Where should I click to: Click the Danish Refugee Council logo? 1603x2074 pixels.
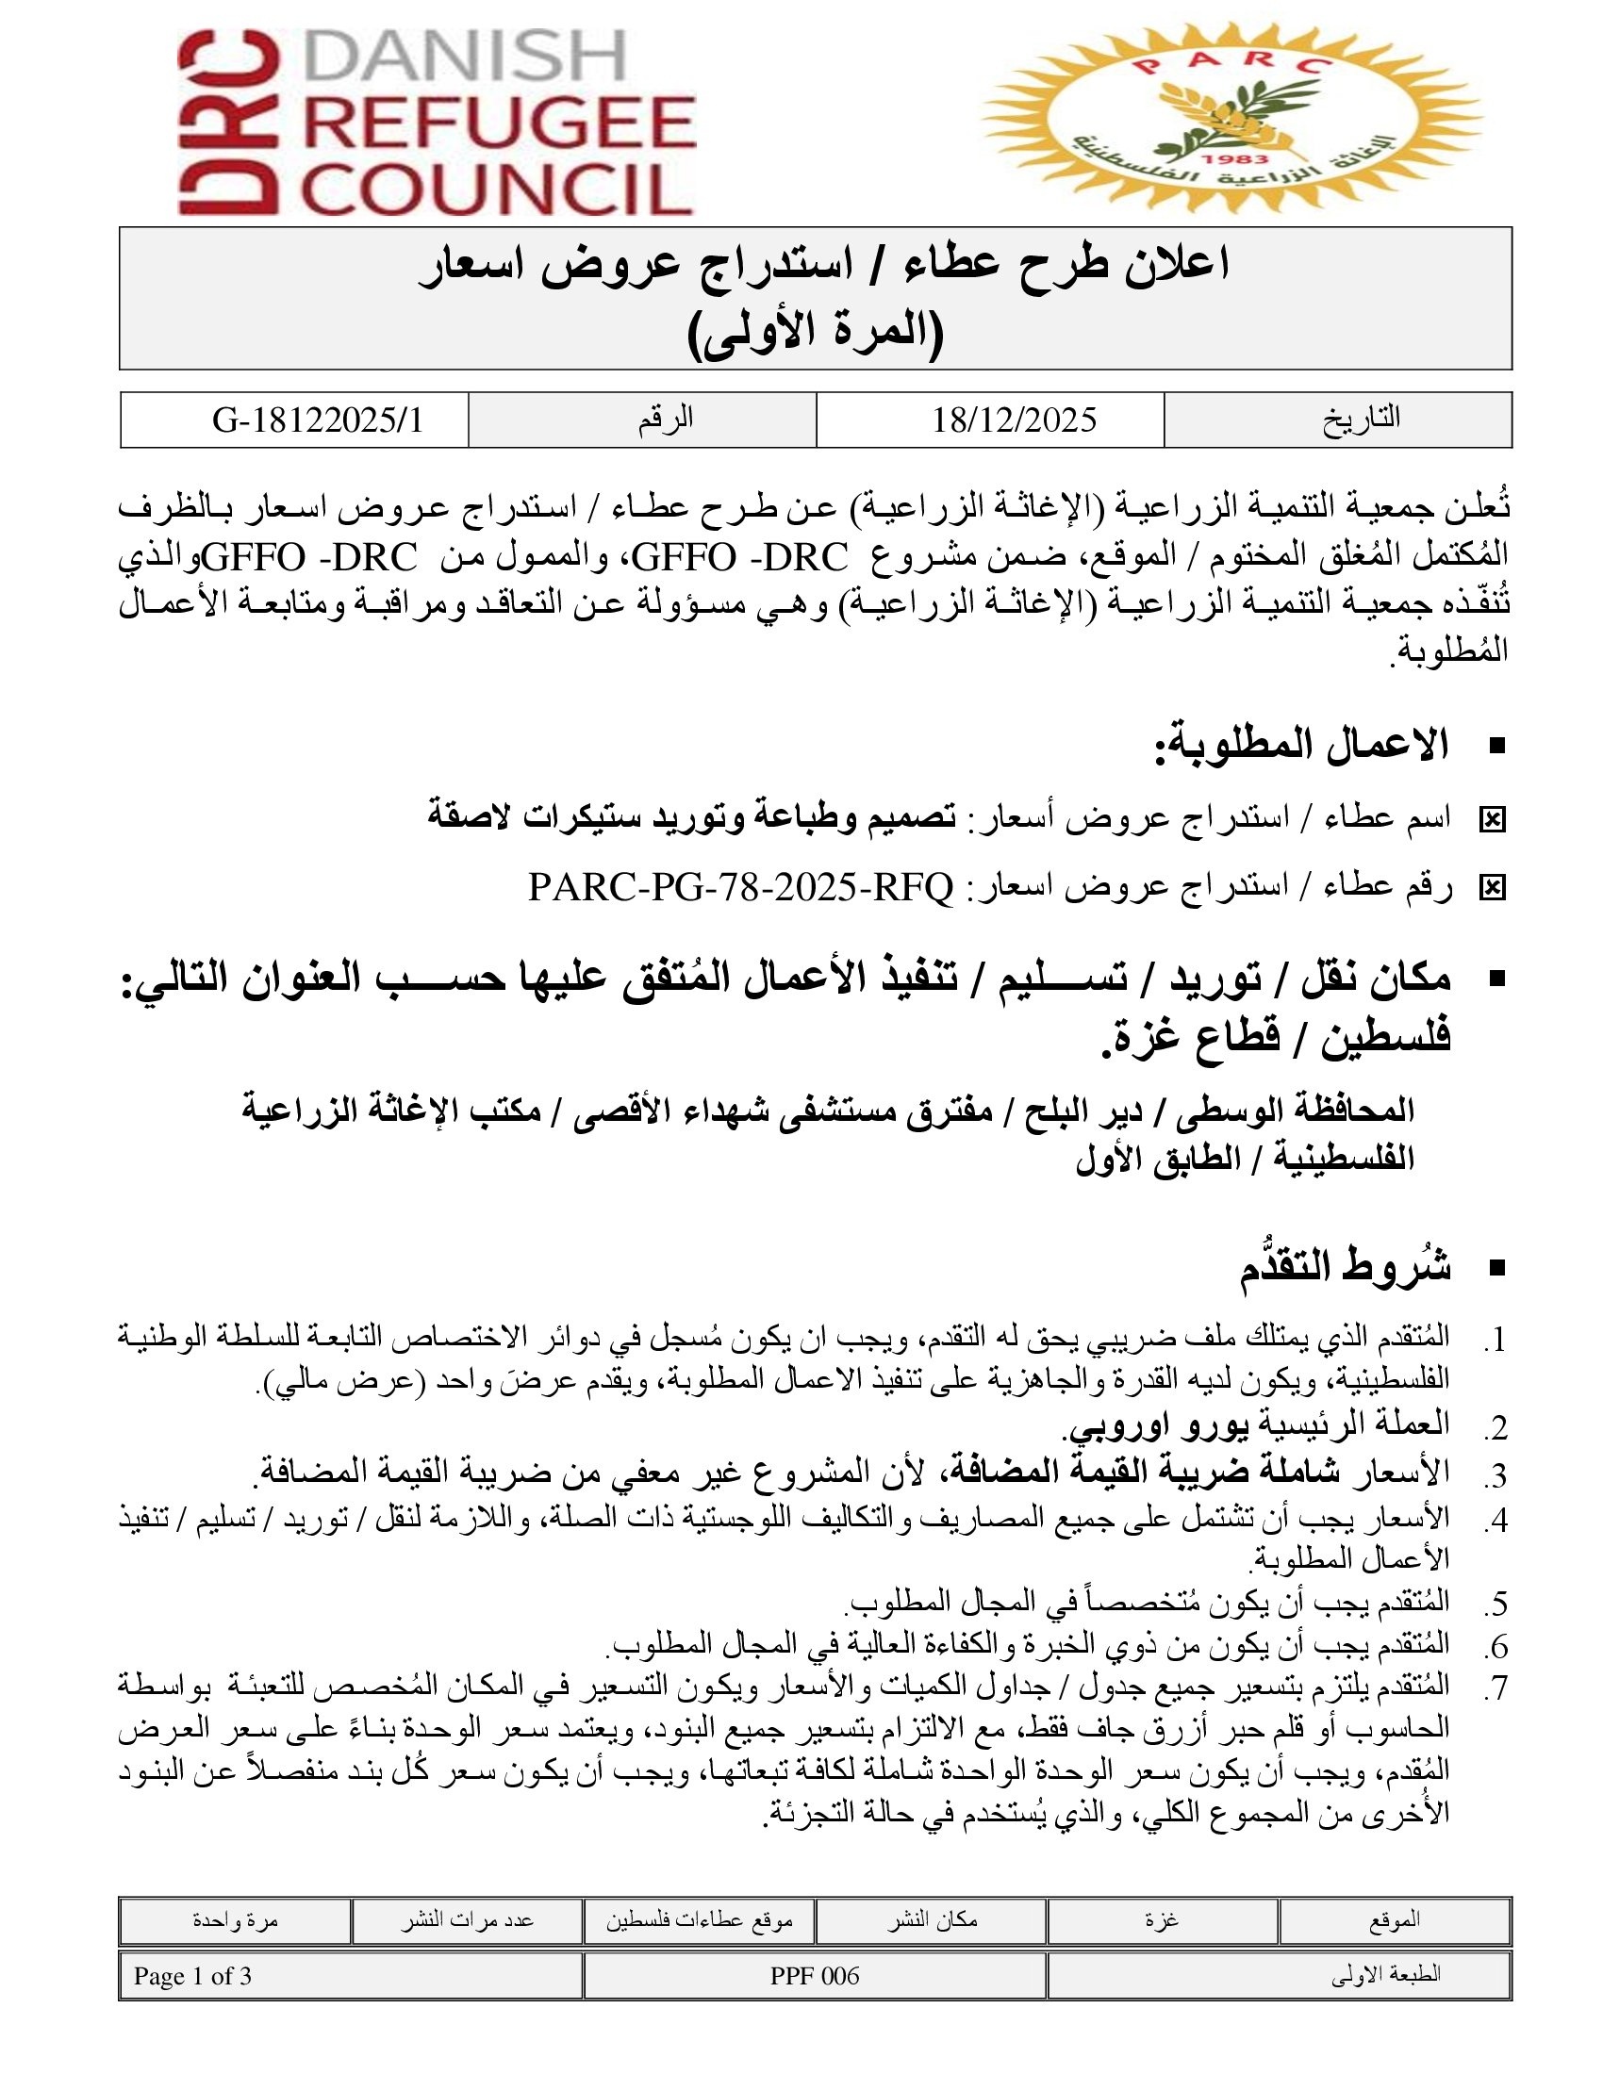tap(437, 122)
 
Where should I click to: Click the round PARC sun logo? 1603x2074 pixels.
tap(1231, 118)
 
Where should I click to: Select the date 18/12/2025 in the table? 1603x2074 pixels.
tap(1014, 420)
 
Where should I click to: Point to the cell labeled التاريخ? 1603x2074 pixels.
tap(1361, 419)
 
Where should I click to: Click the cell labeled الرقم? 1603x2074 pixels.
tap(666, 419)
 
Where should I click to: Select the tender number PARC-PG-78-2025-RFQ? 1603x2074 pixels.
tap(741, 888)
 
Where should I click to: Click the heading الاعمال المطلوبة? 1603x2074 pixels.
tap(1301, 746)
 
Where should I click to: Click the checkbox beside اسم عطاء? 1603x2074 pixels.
tap(1493, 819)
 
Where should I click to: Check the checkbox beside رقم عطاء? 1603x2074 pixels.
tap(1493, 888)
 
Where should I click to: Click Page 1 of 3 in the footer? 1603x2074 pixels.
tap(192, 1976)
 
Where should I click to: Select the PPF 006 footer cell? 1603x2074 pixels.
tap(814, 1976)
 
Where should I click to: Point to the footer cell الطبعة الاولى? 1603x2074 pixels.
tap(1385, 1976)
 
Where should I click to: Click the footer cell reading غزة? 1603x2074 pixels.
tap(1162, 1919)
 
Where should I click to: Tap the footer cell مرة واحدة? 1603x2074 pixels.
tap(235, 1919)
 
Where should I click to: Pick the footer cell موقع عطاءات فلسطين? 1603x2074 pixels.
tap(699, 1919)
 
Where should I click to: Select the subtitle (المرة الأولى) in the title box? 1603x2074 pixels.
tap(815, 333)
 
